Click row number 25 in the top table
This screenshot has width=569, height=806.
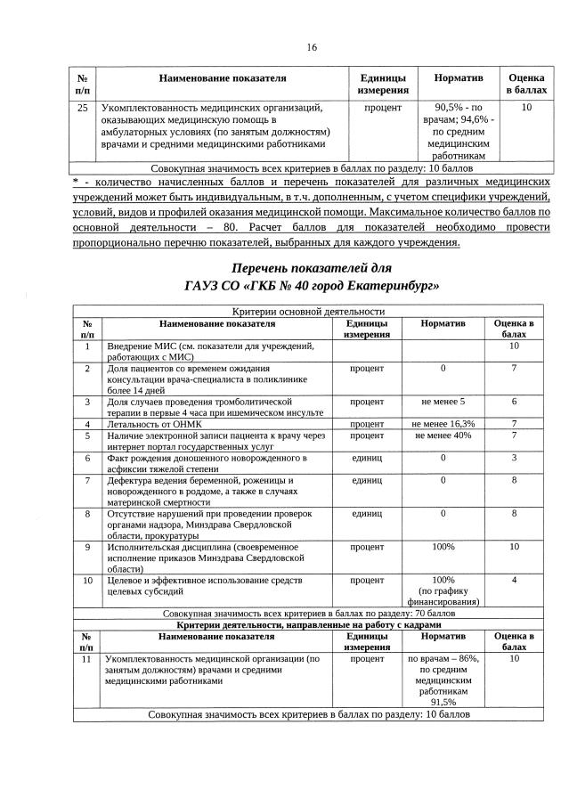[83, 108]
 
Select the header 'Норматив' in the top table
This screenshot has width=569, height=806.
[458, 78]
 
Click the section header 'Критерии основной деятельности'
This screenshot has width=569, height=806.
[308, 313]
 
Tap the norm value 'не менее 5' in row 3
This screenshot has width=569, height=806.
[443, 402]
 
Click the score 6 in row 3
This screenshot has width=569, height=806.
[514, 402]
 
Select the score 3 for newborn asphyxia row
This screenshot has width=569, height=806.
[514, 458]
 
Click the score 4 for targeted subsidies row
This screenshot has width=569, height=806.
[514, 581]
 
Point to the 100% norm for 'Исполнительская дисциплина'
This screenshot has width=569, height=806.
[443, 547]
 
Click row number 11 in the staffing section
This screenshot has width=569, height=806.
[87, 660]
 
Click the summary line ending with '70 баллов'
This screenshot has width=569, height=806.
[308, 615]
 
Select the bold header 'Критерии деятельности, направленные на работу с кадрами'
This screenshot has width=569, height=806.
[308, 626]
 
